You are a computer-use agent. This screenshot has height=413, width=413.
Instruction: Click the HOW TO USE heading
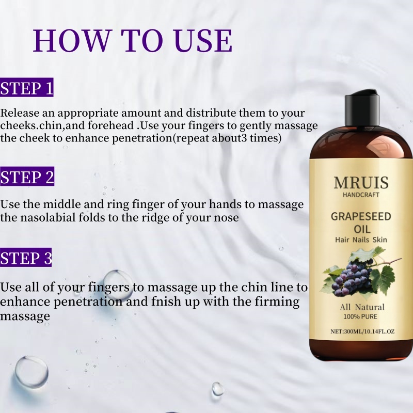[133, 41]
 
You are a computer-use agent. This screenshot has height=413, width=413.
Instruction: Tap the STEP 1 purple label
[27, 87]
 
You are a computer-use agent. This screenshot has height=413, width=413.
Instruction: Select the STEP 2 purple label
[27, 176]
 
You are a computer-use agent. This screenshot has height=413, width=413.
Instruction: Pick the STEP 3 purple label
[26, 257]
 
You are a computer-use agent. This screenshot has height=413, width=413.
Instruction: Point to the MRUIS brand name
[361, 183]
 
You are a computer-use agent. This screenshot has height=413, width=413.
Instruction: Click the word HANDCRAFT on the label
[361, 195]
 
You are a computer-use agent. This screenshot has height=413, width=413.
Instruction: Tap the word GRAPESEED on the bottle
[361, 216]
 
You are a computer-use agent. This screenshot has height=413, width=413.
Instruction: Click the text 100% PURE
[360, 316]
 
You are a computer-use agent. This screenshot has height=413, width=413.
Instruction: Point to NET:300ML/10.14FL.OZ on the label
[362, 331]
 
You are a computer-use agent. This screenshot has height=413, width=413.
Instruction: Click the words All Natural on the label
[362, 307]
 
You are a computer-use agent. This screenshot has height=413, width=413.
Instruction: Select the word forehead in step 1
[110, 125]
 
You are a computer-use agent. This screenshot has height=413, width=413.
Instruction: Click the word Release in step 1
[20, 113]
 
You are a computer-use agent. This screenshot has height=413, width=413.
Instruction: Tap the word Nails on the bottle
[361, 240]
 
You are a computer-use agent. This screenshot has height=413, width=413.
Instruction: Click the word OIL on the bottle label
[362, 229]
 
